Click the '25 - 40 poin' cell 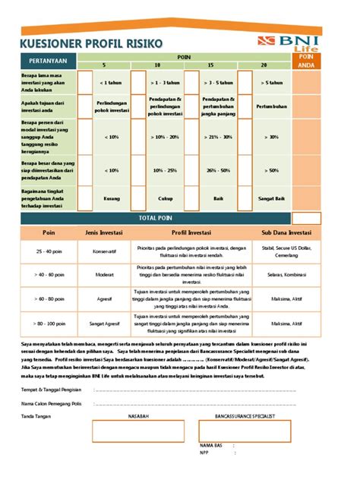pos(49,251)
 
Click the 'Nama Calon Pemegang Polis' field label pos(50,403)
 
